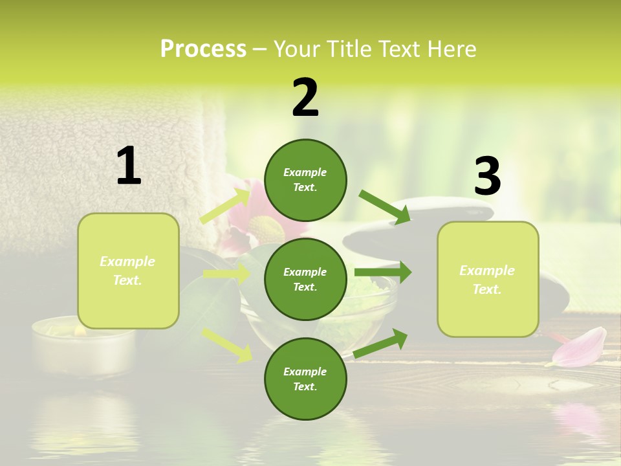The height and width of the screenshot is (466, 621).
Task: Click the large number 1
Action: (x=129, y=166)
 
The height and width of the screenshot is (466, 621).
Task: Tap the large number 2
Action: (x=305, y=98)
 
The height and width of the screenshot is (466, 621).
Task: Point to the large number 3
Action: (x=488, y=176)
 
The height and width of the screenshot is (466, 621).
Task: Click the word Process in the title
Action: (x=203, y=49)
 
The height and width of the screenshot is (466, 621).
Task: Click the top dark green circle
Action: (x=305, y=180)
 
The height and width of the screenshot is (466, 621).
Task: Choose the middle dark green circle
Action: (x=305, y=279)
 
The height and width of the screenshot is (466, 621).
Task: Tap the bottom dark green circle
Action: (x=305, y=379)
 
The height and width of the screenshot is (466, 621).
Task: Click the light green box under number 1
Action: (x=128, y=271)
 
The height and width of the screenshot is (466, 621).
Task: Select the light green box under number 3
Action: (x=488, y=279)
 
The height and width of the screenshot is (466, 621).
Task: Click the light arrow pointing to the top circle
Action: (x=226, y=206)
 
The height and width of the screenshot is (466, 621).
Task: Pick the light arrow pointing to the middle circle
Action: (x=227, y=274)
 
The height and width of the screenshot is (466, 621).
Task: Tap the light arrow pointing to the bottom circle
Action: (x=227, y=344)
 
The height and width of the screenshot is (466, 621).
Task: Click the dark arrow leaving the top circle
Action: (x=385, y=207)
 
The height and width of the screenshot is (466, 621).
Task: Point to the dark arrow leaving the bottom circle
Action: (x=381, y=343)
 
